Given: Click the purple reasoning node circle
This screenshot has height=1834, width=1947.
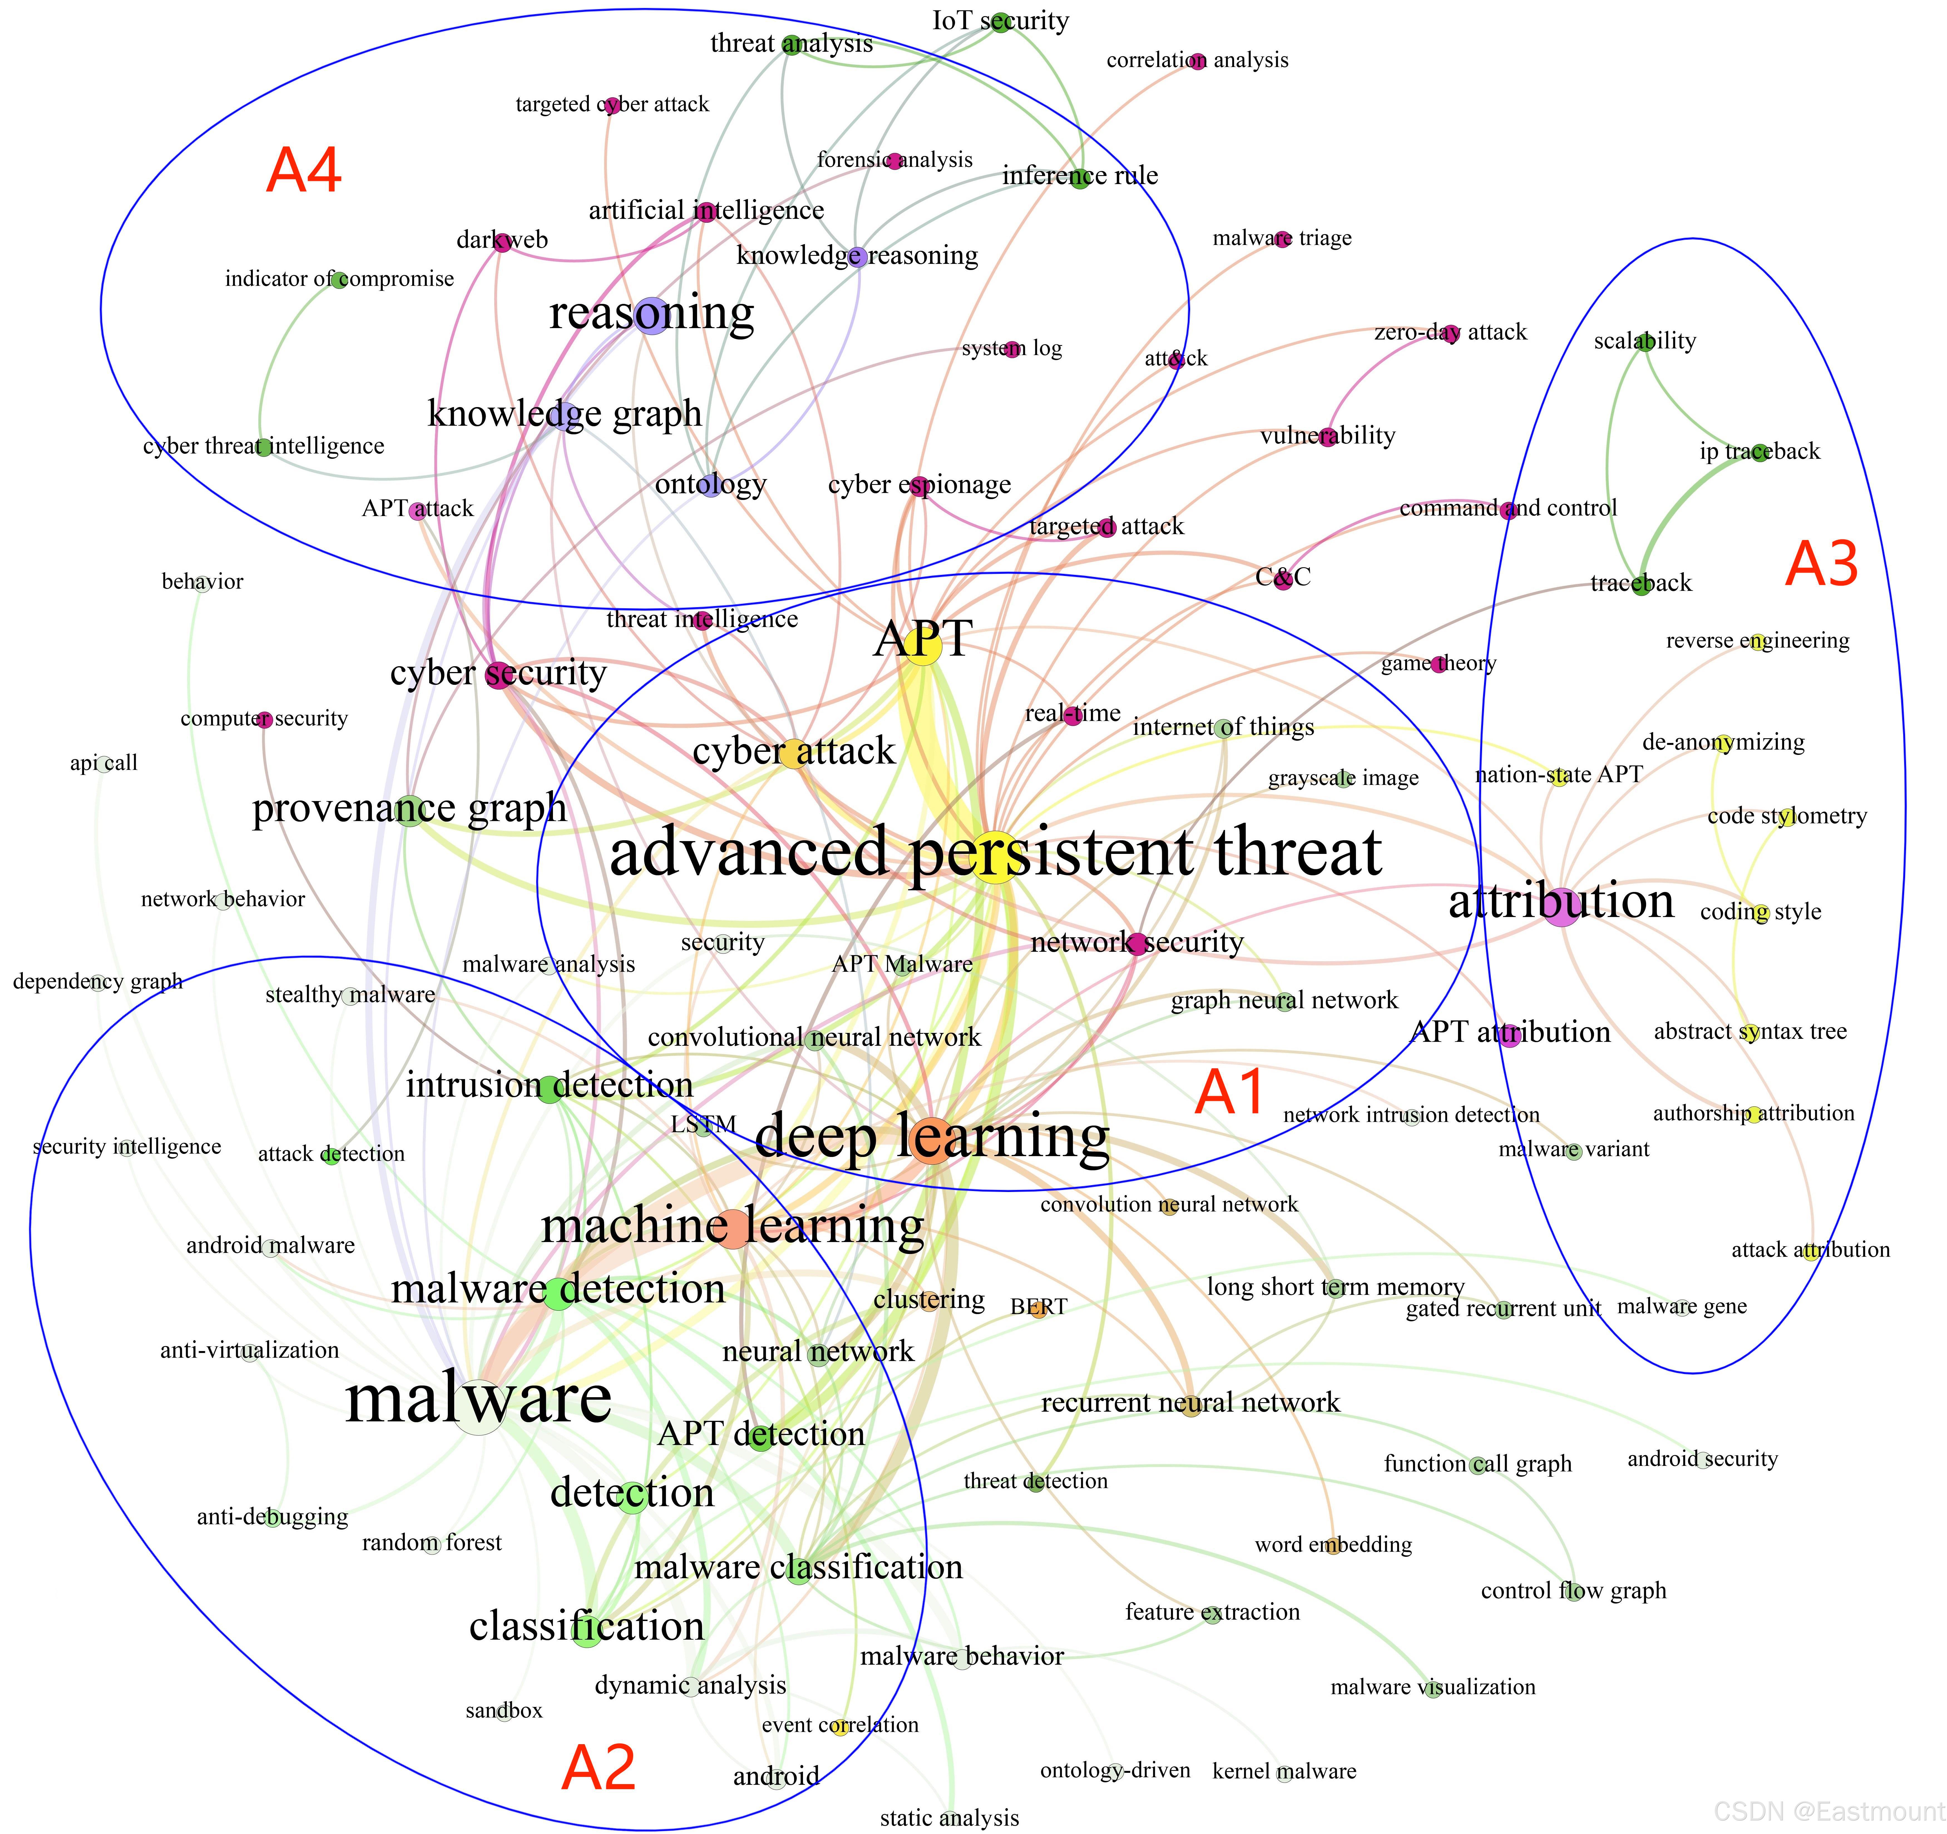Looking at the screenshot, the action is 651,315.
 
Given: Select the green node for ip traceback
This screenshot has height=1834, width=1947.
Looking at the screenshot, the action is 1760,452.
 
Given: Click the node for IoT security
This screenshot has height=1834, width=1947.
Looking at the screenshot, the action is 1000,21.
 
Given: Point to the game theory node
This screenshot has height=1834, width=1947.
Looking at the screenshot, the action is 1438,665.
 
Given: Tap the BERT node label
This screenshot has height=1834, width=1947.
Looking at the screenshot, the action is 1038,1307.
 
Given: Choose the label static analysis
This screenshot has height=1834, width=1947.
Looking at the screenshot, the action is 949,1818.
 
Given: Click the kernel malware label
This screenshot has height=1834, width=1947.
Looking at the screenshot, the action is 1284,1771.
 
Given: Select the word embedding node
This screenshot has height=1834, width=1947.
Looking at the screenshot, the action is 1333,1546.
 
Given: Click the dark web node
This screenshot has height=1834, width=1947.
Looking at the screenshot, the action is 501,242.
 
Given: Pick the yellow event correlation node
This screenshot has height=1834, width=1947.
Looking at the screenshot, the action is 839,1727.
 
